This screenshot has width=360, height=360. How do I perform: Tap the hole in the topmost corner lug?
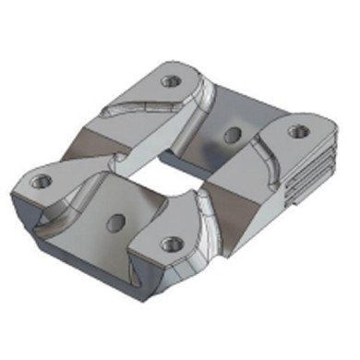tap(169, 81)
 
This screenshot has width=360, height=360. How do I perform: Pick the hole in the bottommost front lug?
tap(168, 245)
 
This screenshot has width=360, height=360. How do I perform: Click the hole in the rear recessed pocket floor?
tap(231, 136)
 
